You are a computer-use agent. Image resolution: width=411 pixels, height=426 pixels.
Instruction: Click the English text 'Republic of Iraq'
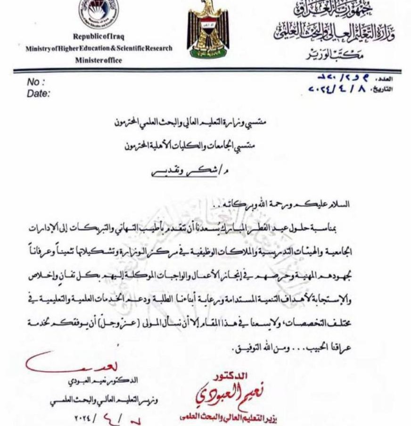click(99, 37)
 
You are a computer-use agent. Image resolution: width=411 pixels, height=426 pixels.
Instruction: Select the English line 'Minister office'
click(98, 60)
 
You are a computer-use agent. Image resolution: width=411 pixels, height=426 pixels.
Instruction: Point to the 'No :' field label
click(36, 82)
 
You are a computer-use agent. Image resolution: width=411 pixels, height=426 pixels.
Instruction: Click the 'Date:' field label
click(38, 94)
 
